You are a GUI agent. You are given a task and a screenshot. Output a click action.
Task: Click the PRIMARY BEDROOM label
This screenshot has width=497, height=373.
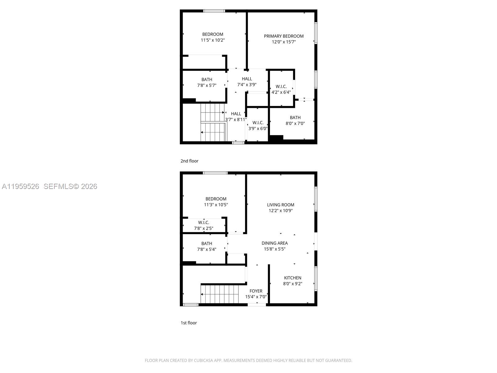(x=284, y=36)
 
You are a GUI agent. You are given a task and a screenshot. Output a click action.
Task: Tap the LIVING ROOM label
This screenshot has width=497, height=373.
(x=280, y=205)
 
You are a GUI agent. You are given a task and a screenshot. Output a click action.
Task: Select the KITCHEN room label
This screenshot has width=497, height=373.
(x=293, y=278)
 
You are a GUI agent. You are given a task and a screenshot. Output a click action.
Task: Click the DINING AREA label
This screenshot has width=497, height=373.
(x=275, y=243)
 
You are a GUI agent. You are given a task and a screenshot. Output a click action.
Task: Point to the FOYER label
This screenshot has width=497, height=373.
(x=256, y=291)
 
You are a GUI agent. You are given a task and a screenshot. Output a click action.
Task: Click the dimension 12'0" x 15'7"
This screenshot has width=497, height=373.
(x=284, y=42)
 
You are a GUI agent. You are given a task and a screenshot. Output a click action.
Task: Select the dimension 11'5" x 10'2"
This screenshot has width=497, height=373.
(x=213, y=40)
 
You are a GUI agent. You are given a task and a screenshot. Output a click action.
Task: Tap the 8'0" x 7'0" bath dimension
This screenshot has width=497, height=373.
(x=295, y=123)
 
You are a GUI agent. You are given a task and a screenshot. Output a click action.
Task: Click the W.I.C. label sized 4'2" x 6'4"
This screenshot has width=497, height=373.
(x=281, y=87)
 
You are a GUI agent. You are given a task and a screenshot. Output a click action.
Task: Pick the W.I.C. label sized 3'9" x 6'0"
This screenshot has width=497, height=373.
(x=258, y=123)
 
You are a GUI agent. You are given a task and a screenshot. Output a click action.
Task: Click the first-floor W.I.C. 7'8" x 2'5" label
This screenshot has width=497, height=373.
(x=203, y=223)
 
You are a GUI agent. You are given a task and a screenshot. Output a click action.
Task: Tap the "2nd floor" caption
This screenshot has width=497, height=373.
(x=189, y=161)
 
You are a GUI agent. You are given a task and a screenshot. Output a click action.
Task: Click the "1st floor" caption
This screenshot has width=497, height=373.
(x=189, y=323)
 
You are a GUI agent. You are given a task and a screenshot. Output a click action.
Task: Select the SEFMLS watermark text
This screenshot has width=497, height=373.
(x=70, y=186)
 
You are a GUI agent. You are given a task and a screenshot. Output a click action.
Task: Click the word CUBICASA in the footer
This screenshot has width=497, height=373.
(x=203, y=361)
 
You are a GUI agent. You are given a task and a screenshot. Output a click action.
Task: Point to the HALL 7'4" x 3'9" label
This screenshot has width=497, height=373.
(x=247, y=79)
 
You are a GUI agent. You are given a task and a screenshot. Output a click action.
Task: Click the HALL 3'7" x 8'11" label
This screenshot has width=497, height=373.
(x=236, y=114)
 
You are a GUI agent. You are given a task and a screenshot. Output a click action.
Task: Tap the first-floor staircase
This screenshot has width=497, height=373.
(x=219, y=294)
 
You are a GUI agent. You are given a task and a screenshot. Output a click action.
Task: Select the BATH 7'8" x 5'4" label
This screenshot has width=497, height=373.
(x=207, y=244)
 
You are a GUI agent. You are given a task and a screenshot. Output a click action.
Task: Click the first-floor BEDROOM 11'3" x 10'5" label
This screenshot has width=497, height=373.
(x=216, y=199)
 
